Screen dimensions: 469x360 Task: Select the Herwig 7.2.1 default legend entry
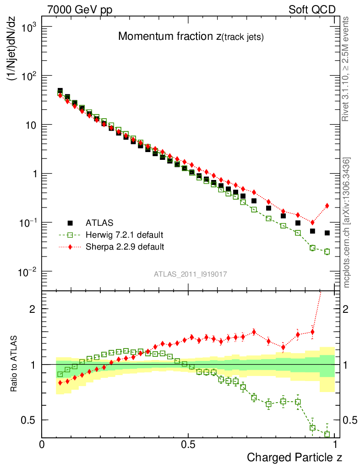[124, 235]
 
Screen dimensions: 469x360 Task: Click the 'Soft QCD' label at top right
[312, 10]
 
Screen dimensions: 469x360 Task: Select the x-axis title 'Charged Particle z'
[295, 457]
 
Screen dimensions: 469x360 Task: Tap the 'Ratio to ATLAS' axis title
[14, 364]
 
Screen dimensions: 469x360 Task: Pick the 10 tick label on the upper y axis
[29, 125]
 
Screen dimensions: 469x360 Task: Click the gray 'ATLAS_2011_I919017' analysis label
[191, 274]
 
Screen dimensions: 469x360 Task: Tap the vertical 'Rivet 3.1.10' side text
[347, 69]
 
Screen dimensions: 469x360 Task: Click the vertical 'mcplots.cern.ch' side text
[347, 223]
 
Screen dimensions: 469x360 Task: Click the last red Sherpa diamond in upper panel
[327, 206]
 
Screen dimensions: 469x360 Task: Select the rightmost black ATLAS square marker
[327, 233]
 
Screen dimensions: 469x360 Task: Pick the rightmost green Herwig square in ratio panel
[327, 434]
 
